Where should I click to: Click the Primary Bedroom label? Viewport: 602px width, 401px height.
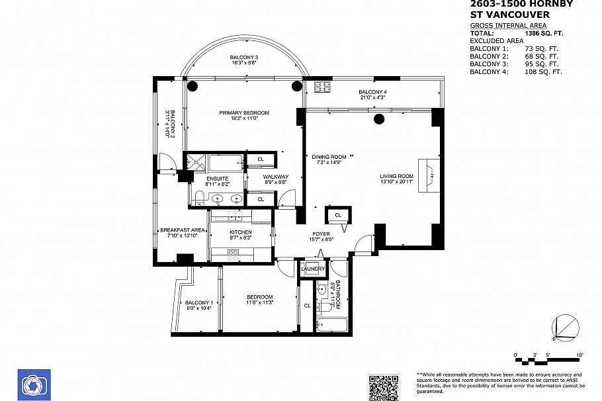point(244,112)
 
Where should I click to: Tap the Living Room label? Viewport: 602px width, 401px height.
point(396,176)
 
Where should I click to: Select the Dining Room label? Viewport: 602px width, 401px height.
point(329,157)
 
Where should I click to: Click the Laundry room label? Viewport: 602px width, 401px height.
point(313,269)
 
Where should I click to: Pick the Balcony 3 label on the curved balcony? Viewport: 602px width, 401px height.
point(244,58)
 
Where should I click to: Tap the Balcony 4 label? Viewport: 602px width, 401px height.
point(372,91)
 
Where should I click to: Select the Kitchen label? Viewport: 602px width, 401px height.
point(241,232)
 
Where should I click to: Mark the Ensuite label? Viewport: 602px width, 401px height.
point(217,179)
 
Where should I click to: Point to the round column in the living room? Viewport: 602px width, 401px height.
point(379,119)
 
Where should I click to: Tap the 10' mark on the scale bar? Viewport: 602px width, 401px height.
point(580,356)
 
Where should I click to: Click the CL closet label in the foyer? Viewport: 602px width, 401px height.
point(338,215)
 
